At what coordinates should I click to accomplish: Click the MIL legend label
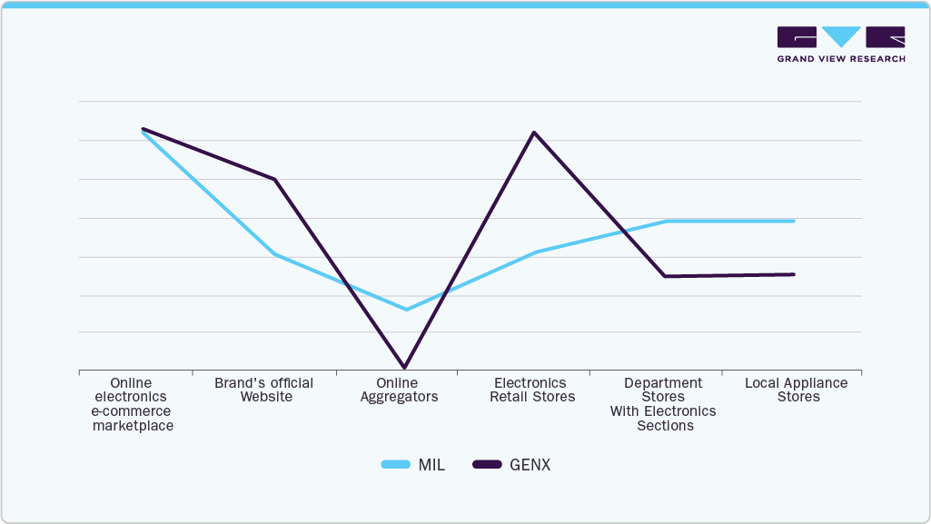tap(432, 465)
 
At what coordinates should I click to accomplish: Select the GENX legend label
tap(530, 465)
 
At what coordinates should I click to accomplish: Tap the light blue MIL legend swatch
tap(395, 465)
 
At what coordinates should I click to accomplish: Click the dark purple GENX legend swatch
tap(488, 465)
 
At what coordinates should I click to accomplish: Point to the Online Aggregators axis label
tap(399, 391)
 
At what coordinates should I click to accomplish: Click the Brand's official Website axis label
tap(264, 391)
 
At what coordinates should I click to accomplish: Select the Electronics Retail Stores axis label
tap(532, 391)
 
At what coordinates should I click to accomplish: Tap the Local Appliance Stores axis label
tap(797, 391)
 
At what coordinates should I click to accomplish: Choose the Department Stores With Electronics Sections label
tap(664, 404)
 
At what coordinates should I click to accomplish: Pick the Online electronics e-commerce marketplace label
tap(132, 404)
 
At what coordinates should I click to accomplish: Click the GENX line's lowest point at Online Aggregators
tap(403, 368)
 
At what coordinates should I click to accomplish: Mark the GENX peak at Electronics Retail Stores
tap(534, 133)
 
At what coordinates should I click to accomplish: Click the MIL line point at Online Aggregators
tap(406, 310)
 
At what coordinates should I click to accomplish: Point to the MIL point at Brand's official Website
tap(274, 254)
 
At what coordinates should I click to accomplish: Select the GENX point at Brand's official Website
tap(274, 179)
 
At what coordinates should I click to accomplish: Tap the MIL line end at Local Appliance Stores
tap(794, 221)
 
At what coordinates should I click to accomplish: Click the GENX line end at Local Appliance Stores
tap(794, 274)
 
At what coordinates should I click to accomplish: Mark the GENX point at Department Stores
tap(665, 276)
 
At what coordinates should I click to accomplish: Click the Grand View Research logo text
tap(841, 59)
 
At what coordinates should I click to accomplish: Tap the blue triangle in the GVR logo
tap(841, 35)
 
